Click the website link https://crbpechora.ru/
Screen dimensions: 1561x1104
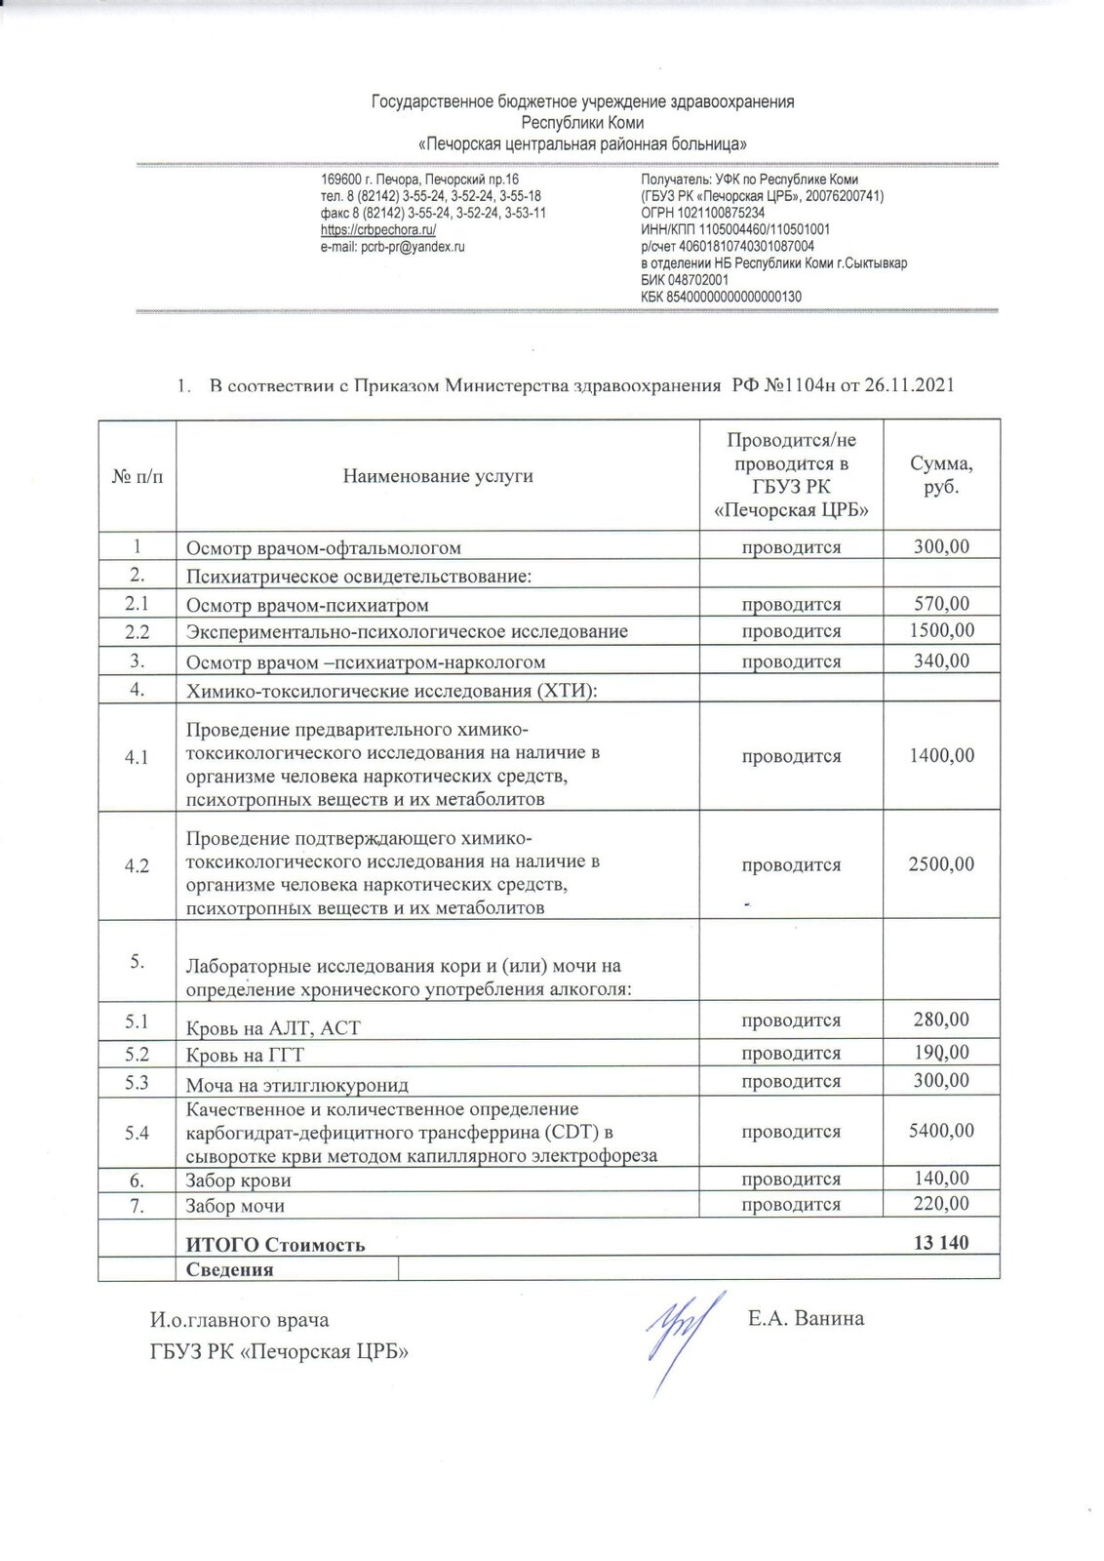[x=378, y=230]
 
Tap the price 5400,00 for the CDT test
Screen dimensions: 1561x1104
[x=940, y=1132]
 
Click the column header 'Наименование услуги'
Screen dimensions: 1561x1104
[x=438, y=476]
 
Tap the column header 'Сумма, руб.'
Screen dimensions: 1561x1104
[x=940, y=475]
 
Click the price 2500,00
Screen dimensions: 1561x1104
[x=940, y=864]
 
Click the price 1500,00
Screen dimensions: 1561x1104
[x=940, y=631]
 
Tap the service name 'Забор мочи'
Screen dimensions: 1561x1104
[x=235, y=1207]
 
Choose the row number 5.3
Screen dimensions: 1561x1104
[x=137, y=1081]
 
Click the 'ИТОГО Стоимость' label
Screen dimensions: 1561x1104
[x=276, y=1245]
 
